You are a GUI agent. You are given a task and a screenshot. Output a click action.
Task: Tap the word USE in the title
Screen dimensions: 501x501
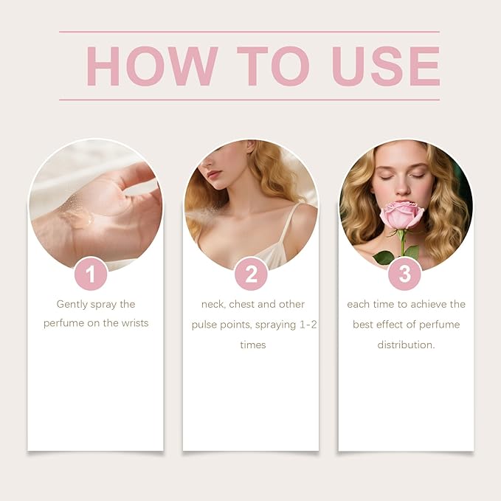[x=386, y=66]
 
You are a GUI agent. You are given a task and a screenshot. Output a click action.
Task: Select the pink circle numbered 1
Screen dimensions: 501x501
[x=91, y=274]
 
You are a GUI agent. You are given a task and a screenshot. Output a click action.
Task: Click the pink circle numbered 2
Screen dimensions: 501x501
[x=251, y=274]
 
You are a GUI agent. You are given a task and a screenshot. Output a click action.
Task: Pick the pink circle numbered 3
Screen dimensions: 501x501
[x=405, y=274]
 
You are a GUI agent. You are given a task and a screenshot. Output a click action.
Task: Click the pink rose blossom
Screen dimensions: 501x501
[x=401, y=215]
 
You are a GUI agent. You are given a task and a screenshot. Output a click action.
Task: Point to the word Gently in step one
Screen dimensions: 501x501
[x=72, y=305]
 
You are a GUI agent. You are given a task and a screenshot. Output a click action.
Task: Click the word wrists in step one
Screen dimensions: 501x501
[x=134, y=323]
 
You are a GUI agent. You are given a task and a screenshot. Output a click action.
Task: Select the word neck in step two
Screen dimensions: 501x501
[x=213, y=305]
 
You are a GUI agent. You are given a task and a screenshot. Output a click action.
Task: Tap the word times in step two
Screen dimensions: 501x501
[x=253, y=345]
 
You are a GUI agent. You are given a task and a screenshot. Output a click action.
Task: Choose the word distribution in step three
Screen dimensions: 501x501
[x=406, y=345]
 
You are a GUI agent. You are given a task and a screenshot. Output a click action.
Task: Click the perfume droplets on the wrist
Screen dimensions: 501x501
[x=76, y=214]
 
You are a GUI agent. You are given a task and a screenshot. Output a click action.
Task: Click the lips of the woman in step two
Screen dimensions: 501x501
[x=214, y=174]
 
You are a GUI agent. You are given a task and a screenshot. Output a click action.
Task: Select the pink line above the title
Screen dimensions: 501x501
[x=249, y=32]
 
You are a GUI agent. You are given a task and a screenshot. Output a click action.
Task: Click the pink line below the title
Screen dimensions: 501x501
[x=249, y=100]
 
